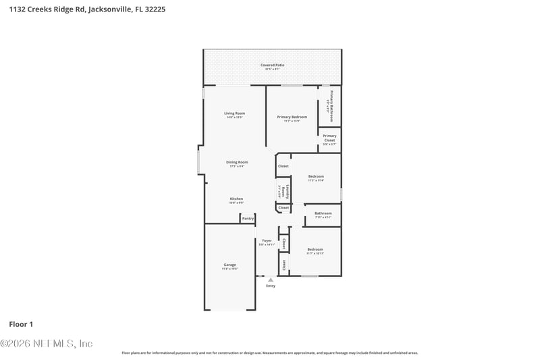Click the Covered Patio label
[273, 65]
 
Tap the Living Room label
[234, 113]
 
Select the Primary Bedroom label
[292, 117]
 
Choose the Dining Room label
[236, 162]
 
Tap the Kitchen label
[236, 199]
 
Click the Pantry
[248, 218]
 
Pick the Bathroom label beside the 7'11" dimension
[323, 213]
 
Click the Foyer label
[267, 240]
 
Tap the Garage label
[230, 265]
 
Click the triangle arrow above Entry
[271, 279]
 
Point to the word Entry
[271, 286]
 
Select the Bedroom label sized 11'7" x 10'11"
[315, 249]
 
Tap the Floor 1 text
[20, 324]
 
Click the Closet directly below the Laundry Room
[283, 207]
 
